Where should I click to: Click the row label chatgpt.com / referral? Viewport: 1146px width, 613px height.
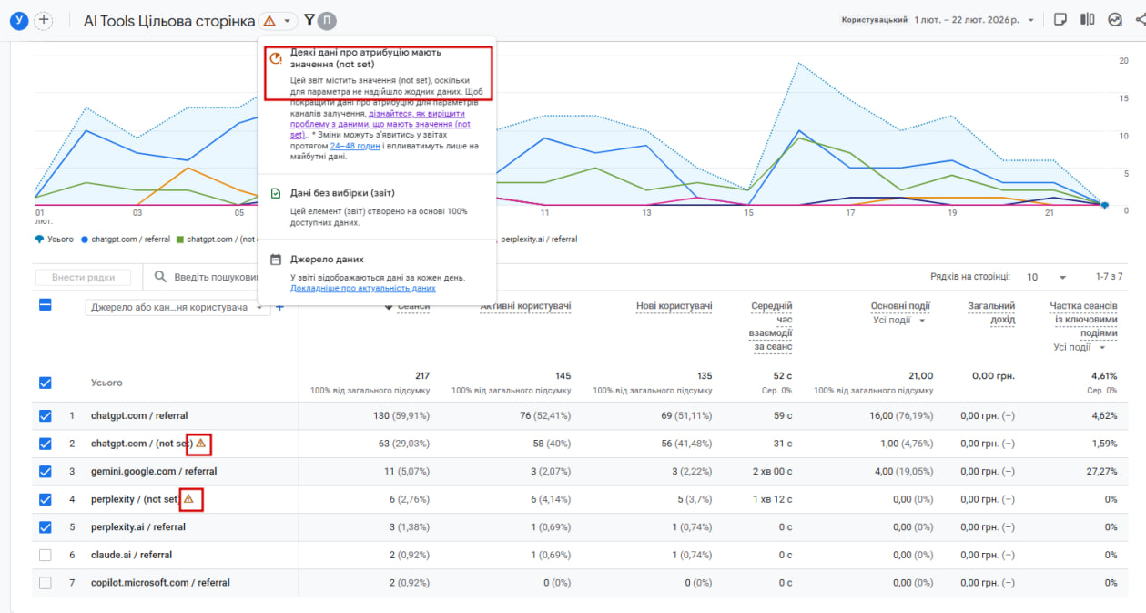(138, 416)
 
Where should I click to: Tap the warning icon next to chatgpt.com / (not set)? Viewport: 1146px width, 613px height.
(201, 444)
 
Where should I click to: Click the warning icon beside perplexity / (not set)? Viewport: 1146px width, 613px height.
(188, 499)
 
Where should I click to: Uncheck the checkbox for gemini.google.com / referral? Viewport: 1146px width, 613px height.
(46, 472)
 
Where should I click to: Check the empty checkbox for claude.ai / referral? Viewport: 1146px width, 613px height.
(46, 555)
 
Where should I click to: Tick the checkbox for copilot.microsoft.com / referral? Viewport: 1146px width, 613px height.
(46, 583)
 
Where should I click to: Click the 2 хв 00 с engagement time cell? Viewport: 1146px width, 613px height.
(772, 472)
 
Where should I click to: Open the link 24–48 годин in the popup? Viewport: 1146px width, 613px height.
(355, 146)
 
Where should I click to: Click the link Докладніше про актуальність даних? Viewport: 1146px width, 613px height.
(362, 289)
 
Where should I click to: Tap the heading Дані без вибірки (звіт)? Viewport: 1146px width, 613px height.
(342, 193)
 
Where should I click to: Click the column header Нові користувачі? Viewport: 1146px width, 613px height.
(673, 306)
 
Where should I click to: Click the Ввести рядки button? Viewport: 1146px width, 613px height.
(83, 277)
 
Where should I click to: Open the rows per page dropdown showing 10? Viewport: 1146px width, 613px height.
(1048, 277)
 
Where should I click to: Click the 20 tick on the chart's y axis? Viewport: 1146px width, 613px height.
(1123, 61)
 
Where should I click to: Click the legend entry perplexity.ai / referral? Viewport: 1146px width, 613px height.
(538, 240)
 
